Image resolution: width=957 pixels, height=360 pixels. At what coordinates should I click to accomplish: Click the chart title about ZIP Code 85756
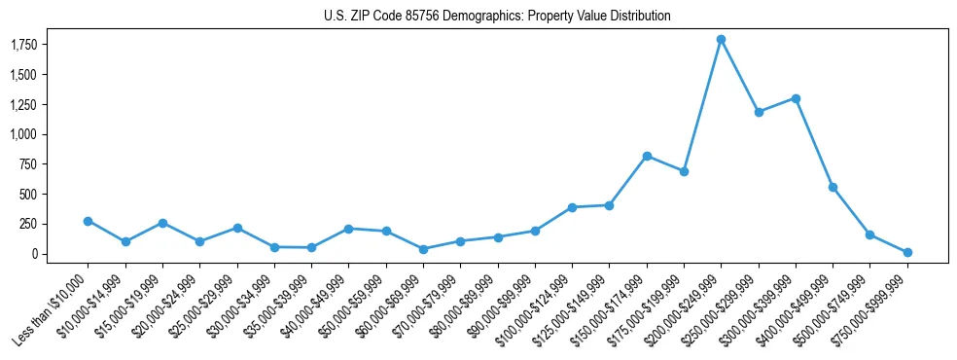pos(497,17)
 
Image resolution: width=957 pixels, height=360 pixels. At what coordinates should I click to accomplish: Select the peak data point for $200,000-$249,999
pos(721,40)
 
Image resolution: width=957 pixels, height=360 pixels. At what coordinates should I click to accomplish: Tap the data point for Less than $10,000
pos(88,221)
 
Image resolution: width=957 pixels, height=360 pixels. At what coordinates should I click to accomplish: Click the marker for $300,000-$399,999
pos(796,98)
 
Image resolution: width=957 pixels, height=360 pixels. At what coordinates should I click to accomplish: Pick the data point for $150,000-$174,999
pos(647,156)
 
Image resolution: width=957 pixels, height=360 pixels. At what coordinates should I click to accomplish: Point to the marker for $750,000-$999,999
pos(907,252)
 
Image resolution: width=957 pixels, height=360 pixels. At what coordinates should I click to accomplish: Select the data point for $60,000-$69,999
pos(423,249)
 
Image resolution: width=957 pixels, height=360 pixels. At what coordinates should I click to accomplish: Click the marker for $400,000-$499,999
pos(833,187)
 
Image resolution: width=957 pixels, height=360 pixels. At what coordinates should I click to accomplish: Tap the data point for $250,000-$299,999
pos(759,112)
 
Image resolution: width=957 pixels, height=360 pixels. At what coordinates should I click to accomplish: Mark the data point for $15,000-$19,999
pos(162,223)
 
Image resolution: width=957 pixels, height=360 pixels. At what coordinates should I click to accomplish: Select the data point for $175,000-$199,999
pos(684,171)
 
